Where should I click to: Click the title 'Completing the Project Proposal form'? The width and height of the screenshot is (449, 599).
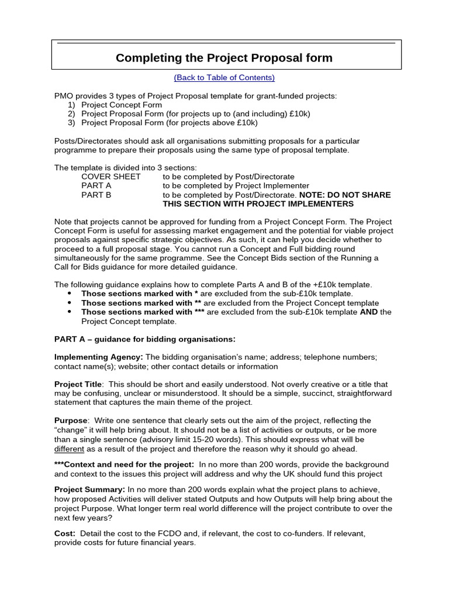pyautogui.click(x=224, y=58)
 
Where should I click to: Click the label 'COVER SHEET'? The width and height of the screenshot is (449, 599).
pyautogui.click(x=110, y=177)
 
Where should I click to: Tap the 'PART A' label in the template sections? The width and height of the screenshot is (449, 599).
pyautogui.click(x=96, y=186)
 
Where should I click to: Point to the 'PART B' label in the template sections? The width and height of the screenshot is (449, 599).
pyautogui.click(x=96, y=195)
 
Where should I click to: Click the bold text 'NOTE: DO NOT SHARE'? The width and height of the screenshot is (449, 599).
pyautogui.click(x=345, y=195)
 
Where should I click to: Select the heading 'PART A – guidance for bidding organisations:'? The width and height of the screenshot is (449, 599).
pyautogui.click(x=144, y=339)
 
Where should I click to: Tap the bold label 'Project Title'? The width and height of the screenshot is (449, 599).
pyautogui.click(x=78, y=384)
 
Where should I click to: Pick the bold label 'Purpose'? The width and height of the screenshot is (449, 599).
pyautogui.click(x=71, y=421)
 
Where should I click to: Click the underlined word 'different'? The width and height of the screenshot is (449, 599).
pyautogui.click(x=69, y=449)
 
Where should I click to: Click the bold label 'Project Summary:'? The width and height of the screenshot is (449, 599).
pyautogui.click(x=89, y=490)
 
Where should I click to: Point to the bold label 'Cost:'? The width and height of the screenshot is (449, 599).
pyautogui.click(x=64, y=533)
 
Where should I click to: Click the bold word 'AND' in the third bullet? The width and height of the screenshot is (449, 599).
pyautogui.click(x=369, y=312)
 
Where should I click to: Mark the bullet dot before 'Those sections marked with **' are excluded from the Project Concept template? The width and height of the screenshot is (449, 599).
pyautogui.click(x=70, y=303)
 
